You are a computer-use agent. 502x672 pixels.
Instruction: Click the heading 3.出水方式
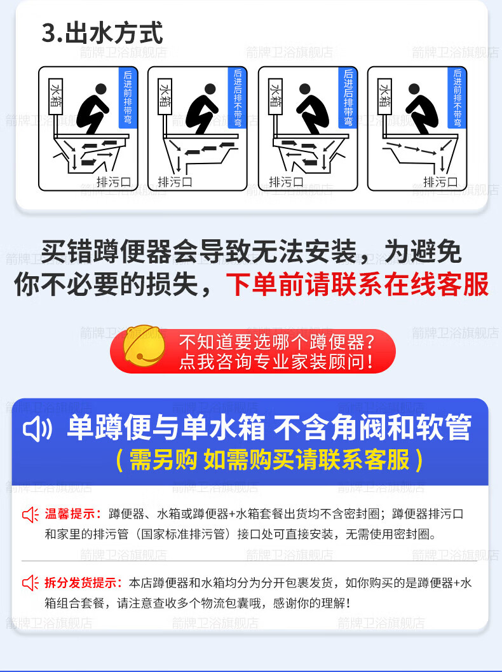(102, 33)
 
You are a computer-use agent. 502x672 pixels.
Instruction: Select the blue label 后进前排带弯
(128, 97)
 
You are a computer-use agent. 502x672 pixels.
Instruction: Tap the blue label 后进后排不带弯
(238, 97)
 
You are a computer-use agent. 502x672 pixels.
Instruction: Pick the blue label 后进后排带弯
(348, 97)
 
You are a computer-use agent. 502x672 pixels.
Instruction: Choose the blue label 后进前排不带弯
(457, 97)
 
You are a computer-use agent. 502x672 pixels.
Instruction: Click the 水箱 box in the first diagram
(56, 96)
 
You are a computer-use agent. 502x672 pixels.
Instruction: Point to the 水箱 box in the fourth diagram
(384, 96)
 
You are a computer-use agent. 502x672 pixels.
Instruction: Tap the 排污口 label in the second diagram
(175, 182)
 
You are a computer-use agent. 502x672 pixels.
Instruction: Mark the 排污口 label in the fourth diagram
(441, 182)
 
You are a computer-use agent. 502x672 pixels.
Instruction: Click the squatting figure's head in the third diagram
(305, 89)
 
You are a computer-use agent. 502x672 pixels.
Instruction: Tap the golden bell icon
(144, 346)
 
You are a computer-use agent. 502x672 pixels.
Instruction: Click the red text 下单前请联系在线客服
(357, 284)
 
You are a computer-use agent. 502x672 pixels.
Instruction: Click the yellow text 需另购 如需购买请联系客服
(269, 460)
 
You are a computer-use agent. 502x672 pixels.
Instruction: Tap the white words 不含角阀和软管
(372, 427)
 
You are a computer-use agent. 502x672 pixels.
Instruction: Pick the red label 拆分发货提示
(80, 582)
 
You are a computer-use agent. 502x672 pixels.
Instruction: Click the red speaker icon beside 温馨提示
(31, 514)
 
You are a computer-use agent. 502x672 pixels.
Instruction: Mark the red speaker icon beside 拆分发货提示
(31, 583)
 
